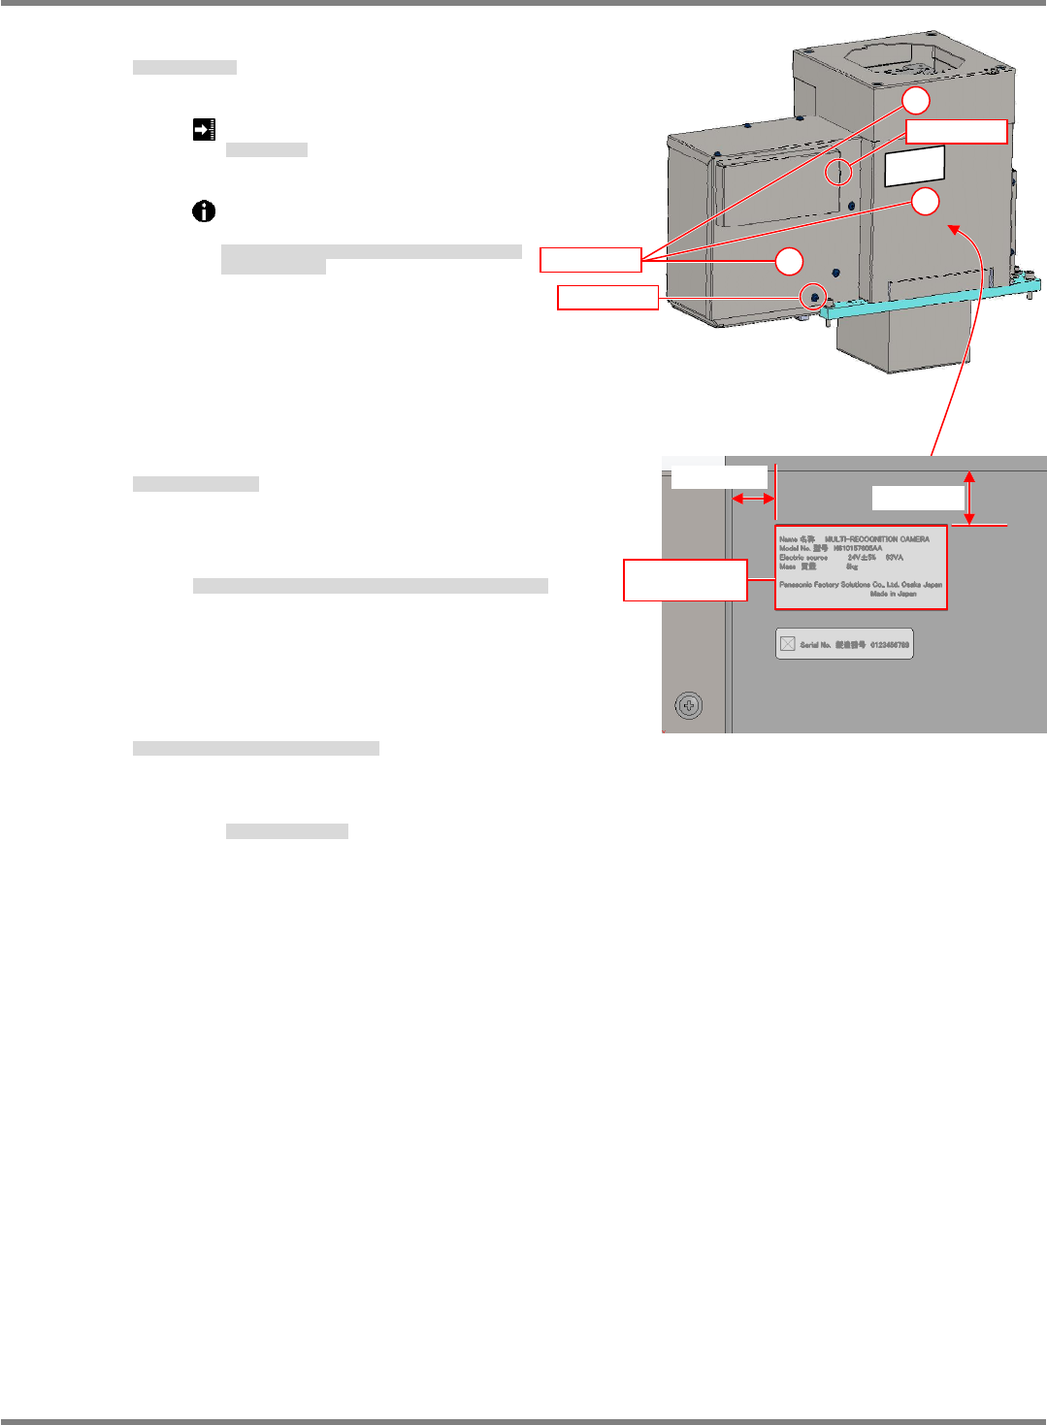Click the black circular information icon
[x=204, y=211]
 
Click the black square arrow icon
[x=204, y=129]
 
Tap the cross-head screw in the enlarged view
[x=689, y=705]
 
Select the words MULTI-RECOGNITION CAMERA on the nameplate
[x=876, y=539]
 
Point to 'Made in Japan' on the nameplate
[x=893, y=594]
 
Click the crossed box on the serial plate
[x=788, y=644]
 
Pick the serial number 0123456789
[x=889, y=645]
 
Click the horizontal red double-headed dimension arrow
[x=753, y=499]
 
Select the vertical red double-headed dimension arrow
[x=969, y=498]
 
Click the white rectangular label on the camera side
[x=915, y=166]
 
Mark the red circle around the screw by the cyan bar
[x=814, y=297]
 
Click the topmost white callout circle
[x=916, y=100]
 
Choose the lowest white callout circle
[x=789, y=261]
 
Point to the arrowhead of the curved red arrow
[x=953, y=229]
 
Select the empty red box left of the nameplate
[x=685, y=580]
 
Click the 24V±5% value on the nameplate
[x=862, y=558]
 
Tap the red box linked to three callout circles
[x=590, y=259]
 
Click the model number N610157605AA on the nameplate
[x=858, y=548]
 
